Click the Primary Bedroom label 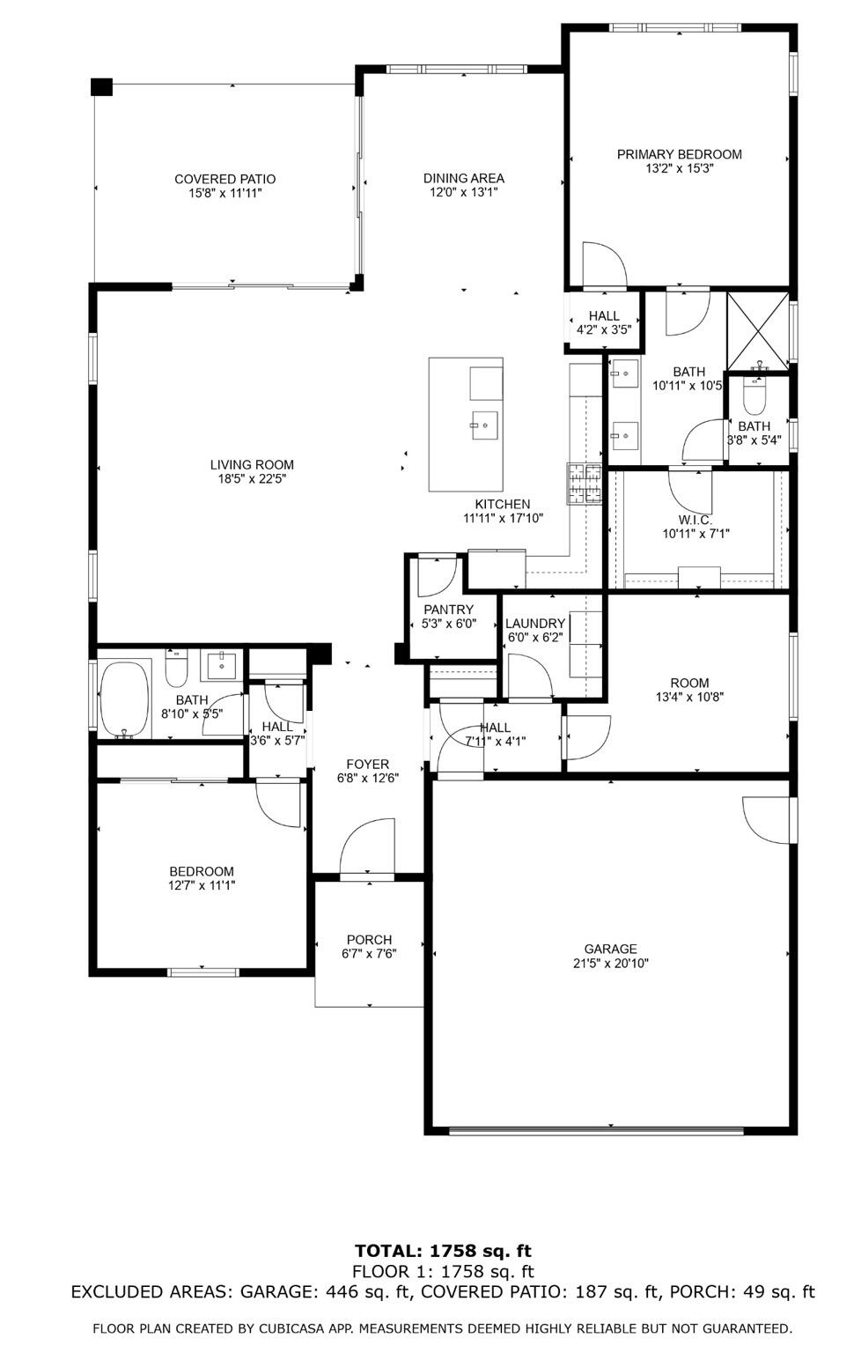pos(679,154)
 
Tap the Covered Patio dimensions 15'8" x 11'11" pos(224,193)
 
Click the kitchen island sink pos(483,425)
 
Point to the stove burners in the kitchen pos(584,484)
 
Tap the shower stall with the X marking pos(758,330)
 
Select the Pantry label pos(448,610)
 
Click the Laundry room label pos(534,623)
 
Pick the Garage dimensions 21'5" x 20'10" pos(610,964)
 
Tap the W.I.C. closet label pos(695,520)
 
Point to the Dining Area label pos(463,178)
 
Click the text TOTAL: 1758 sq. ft pos(443,1251)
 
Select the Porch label pos(369,940)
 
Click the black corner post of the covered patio pos(102,86)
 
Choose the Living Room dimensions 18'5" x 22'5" pos(252,479)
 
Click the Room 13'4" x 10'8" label pos(689,683)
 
